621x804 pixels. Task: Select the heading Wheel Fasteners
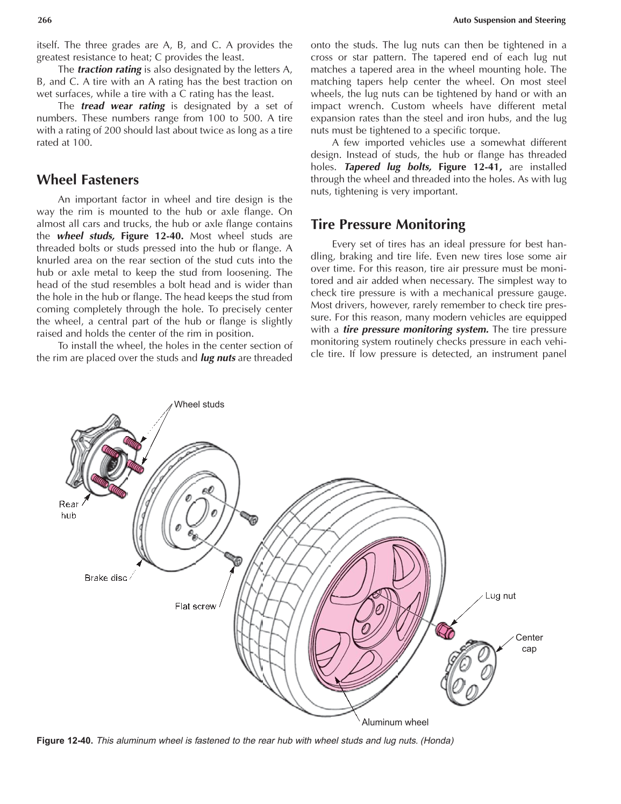tap(87, 180)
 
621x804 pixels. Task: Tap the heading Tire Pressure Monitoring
tap(388, 224)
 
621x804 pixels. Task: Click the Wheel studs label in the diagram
tap(199, 404)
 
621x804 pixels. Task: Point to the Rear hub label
tap(68, 510)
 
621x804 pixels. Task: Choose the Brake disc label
tap(106, 578)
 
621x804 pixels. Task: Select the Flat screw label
tap(196, 606)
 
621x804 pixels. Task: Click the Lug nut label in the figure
tap(500, 595)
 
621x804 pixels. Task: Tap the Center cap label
tap(529, 643)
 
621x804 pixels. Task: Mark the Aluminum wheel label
tap(395, 722)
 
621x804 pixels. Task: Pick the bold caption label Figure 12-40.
tap(65, 741)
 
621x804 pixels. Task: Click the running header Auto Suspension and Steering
tap(509, 20)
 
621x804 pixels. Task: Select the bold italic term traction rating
tap(109, 69)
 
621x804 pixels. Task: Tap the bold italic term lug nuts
tap(217, 358)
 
